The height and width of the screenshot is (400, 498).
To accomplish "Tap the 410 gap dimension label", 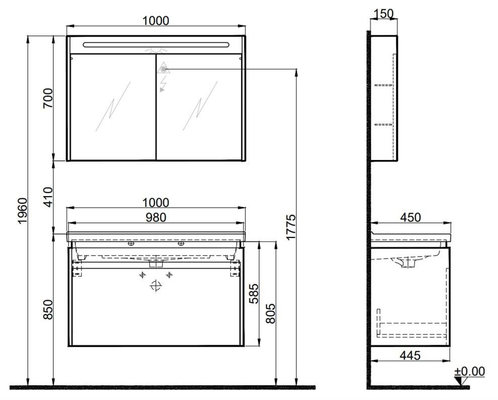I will pyautogui.click(x=46, y=197).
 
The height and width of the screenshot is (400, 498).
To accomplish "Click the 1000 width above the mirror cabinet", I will pyautogui.click(x=155, y=21).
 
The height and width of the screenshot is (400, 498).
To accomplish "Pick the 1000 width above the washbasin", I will pyautogui.click(x=155, y=202).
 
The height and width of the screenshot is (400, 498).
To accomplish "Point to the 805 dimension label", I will pyautogui.click(x=270, y=314).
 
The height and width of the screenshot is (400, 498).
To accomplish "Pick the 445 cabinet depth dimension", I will pyautogui.click(x=410, y=355).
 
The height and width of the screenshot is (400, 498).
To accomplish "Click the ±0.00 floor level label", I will pyautogui.click(x=469, y=372).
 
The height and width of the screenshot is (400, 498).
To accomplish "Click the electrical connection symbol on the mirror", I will pyautogui.click(x=163, y=69).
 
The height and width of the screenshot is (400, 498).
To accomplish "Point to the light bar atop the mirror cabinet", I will pyautogui.click(x=155, y=44).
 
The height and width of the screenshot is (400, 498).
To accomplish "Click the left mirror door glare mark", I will pyautogui.click(x=113, y=107).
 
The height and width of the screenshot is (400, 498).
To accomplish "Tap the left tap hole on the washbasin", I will pyautogui.click(x=131, y=244).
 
